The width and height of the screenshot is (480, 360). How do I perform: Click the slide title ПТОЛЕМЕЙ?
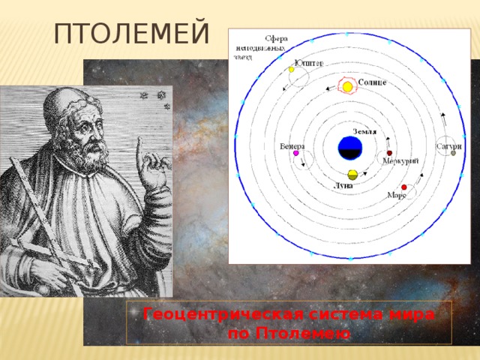pos(131,33)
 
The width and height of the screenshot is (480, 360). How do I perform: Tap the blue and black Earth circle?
pos(348,148)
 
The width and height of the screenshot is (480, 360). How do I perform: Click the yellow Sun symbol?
pos(348,87)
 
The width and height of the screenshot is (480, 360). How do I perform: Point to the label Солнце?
pos(372,82)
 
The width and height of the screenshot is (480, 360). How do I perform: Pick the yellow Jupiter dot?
pos(292,70)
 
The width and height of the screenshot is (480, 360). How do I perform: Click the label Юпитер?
pos(309,63)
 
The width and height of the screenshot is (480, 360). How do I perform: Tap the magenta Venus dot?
pos(296,153)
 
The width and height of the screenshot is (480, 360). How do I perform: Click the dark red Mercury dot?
pos(390,152)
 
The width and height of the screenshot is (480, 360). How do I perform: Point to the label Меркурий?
pos(400,160)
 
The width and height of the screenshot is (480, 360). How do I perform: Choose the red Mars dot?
pos(404,187)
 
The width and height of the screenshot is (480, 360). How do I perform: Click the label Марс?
pos(397,195)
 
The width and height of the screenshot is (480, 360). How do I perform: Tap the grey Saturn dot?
pos(453,153)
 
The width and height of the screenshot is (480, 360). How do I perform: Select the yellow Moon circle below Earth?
pos(352,174)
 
